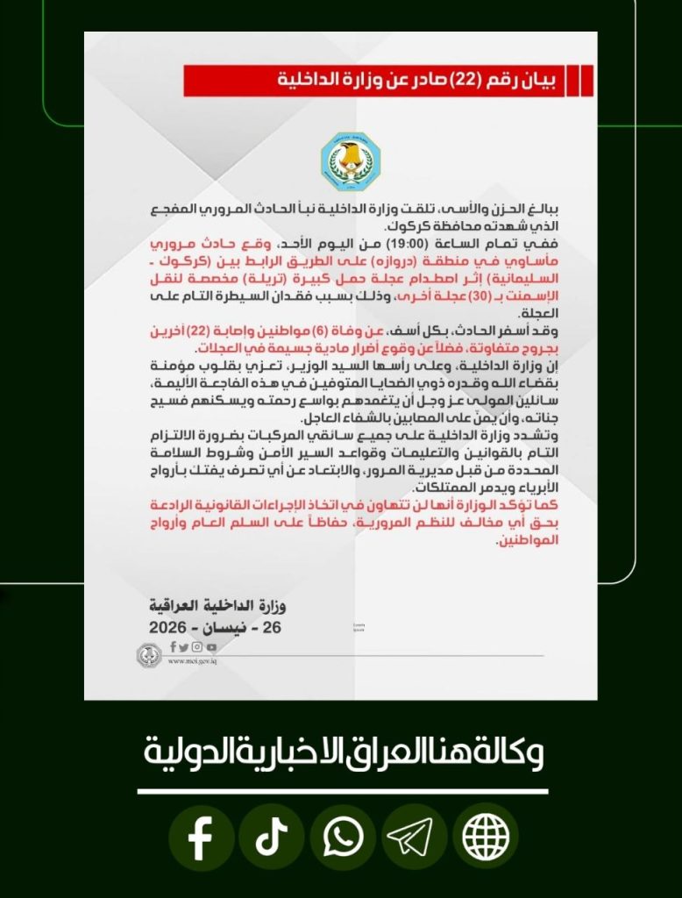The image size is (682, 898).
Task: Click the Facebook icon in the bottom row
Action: (201, 838)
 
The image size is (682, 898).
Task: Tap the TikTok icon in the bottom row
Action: (271, 838)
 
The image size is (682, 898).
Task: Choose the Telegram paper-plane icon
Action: (413, 838)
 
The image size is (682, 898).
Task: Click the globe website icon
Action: (485, 838)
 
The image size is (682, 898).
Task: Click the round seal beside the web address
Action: (147, 654)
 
